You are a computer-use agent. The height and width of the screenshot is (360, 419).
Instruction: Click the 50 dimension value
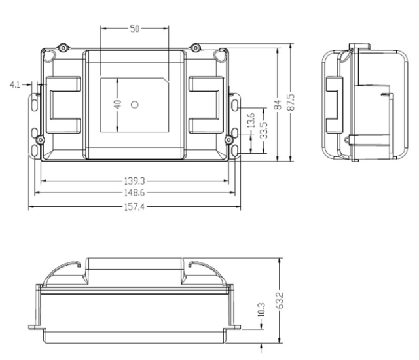pos(135,29)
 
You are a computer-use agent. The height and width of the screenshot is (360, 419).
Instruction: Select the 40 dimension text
pos(117,104)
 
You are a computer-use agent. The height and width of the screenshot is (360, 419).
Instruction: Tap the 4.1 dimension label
pos(15,85)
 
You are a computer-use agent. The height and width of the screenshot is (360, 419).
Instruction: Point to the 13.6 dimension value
pos(250,120)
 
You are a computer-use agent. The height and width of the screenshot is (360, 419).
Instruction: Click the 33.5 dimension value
pos(264,131)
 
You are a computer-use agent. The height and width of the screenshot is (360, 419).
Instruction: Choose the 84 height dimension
pos(278,105)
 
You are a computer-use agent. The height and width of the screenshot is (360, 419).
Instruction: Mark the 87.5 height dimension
pos(291,102)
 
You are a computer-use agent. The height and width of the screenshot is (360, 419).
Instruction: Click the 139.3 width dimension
pos(135,181)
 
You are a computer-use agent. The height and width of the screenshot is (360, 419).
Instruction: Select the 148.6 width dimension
pos(135,192)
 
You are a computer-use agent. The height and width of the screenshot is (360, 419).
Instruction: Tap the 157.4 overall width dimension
pos(135,207)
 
